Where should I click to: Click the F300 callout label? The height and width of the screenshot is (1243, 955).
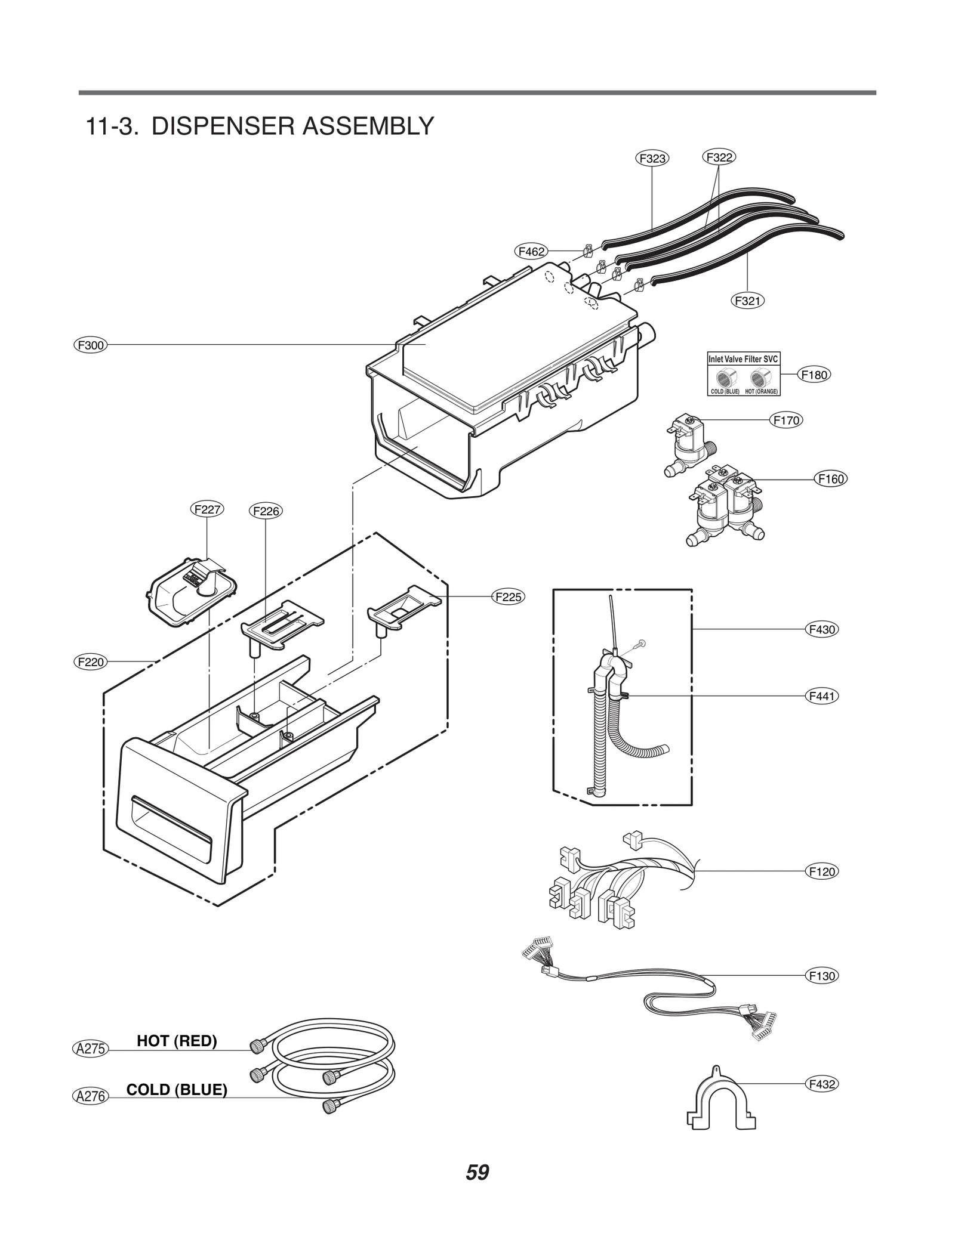pos(91,345)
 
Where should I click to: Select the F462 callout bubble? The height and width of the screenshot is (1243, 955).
pos(531,252)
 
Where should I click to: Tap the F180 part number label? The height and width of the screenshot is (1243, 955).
pos(814,375)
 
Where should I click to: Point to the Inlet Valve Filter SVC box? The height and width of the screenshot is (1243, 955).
pos(743,374)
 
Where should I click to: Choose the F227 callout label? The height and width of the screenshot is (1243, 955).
pos(208,509)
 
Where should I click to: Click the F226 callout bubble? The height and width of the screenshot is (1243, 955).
pos(266,511)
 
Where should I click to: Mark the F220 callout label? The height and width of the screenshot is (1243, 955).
pos(91,661)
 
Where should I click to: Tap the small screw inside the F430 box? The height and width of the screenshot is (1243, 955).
pos(641,643)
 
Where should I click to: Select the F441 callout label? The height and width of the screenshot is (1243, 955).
pos(822,695)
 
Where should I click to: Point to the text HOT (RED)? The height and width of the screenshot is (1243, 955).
pos(177,1041)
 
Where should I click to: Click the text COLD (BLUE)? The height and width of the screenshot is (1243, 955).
pos(177,1090)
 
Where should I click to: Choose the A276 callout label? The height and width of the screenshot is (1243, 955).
pos(91,1096)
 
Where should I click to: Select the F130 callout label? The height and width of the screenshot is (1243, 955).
pos(822,976)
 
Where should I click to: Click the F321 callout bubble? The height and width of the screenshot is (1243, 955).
pos(748,301)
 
